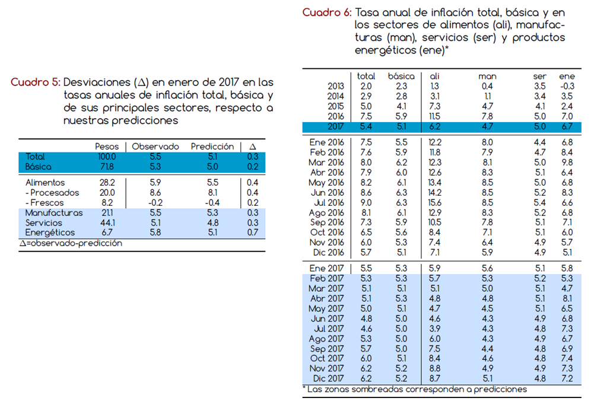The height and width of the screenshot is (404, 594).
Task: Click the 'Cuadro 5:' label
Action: [36, 82]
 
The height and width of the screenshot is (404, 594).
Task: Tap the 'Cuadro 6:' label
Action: [327, 12]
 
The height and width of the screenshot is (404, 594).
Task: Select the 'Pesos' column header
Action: [107, 147]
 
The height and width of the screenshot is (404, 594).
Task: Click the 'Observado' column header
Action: [155, 147]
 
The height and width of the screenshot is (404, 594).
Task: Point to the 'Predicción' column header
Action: [212, 147]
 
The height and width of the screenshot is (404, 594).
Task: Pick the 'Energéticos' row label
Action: [50, 233]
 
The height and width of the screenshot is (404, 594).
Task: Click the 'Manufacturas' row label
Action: [54, 213]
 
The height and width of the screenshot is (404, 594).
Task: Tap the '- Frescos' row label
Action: [45, 202]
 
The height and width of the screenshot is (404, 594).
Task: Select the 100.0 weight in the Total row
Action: [107, 157]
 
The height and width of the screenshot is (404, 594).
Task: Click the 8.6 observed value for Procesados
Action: [155, 193]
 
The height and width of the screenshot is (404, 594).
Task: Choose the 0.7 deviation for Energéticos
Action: [253, 233]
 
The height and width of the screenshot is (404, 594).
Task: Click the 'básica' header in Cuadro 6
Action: [401, 76]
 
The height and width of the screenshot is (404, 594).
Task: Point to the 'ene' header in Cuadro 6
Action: [567, 76]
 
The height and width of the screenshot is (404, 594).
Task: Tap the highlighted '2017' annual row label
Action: [336, 126]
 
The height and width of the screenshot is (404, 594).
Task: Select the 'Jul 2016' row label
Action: [329, 202]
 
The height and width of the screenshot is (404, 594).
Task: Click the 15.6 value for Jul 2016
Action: [434, 202]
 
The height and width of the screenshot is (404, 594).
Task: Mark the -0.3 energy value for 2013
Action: [567, 87]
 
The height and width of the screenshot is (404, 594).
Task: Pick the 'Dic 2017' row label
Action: [328, 378]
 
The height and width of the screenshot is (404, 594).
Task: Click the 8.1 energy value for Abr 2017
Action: [567, 298]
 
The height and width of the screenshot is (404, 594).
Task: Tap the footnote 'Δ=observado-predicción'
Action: [71, 243]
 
